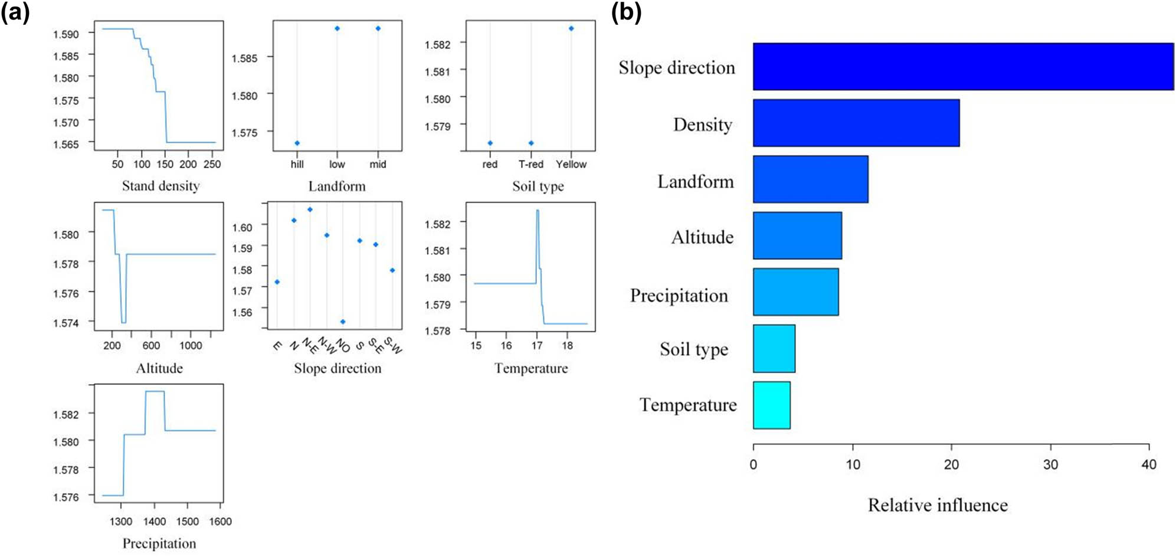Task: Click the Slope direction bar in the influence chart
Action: coord(962,67)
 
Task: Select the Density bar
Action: coord(856,123)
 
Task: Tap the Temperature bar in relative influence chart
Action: coord(771,405)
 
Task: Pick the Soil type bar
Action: coord(774,349)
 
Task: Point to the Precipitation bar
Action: coord(795,292)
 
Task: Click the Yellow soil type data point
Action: coord(571,28)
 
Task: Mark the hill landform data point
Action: coord(297,143)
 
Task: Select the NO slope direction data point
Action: coord(343,322)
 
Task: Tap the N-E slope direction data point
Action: coord(310,209)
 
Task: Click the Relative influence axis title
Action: coord(938,505)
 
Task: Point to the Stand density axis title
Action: coord(160,186)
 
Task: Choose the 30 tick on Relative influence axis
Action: coord(1050,464)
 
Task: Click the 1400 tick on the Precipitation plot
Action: coord(155,521)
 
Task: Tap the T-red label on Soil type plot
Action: coord(530,164)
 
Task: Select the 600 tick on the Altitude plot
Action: coord(151,345)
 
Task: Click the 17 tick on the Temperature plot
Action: coord(536,345)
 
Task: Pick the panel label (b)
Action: coord(626,12)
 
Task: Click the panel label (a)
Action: coord(15,12)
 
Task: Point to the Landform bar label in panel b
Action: coord(696,181)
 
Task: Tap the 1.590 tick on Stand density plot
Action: coord(66,34)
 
